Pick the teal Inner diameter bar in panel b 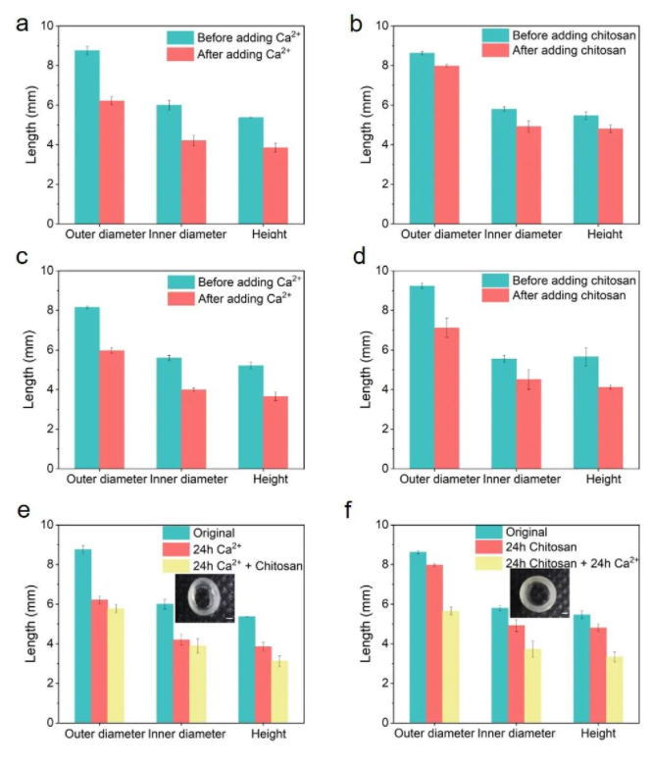pos(503,166)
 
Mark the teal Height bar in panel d pos(585,412)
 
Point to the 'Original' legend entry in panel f pos(524,532)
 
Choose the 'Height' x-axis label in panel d pos(600,480)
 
